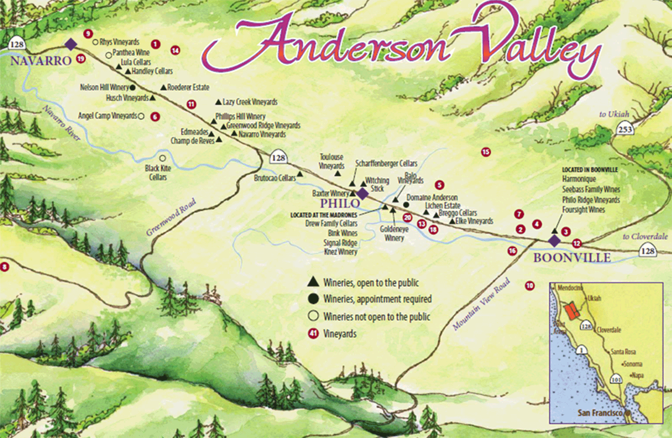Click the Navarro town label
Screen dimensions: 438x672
pos(41,61)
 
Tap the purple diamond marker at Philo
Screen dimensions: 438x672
pos(362,194)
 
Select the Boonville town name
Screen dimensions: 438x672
pos(572,258)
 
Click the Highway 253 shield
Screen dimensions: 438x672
pos(625,129)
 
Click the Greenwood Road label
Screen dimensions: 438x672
pos(171,217)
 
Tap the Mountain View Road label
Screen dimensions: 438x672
pos(481,304)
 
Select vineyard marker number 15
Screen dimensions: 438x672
pos(486,152)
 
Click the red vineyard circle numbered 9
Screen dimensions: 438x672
pos(88,34)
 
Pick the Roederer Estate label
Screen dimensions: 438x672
pos(188,87)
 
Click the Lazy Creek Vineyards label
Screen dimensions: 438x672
pos(250,102)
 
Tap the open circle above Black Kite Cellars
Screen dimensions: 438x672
pos(163,158)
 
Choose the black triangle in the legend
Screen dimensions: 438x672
pos(313,282)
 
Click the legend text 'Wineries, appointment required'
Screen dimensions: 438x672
pos(377,299)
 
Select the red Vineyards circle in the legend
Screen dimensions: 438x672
pos(313,334)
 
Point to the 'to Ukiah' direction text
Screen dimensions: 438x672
pos(614,114)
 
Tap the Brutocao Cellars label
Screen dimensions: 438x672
pos(275,178)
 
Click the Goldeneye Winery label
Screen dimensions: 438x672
pos(394,233)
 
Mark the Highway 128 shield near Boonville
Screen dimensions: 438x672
pos(648,251)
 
